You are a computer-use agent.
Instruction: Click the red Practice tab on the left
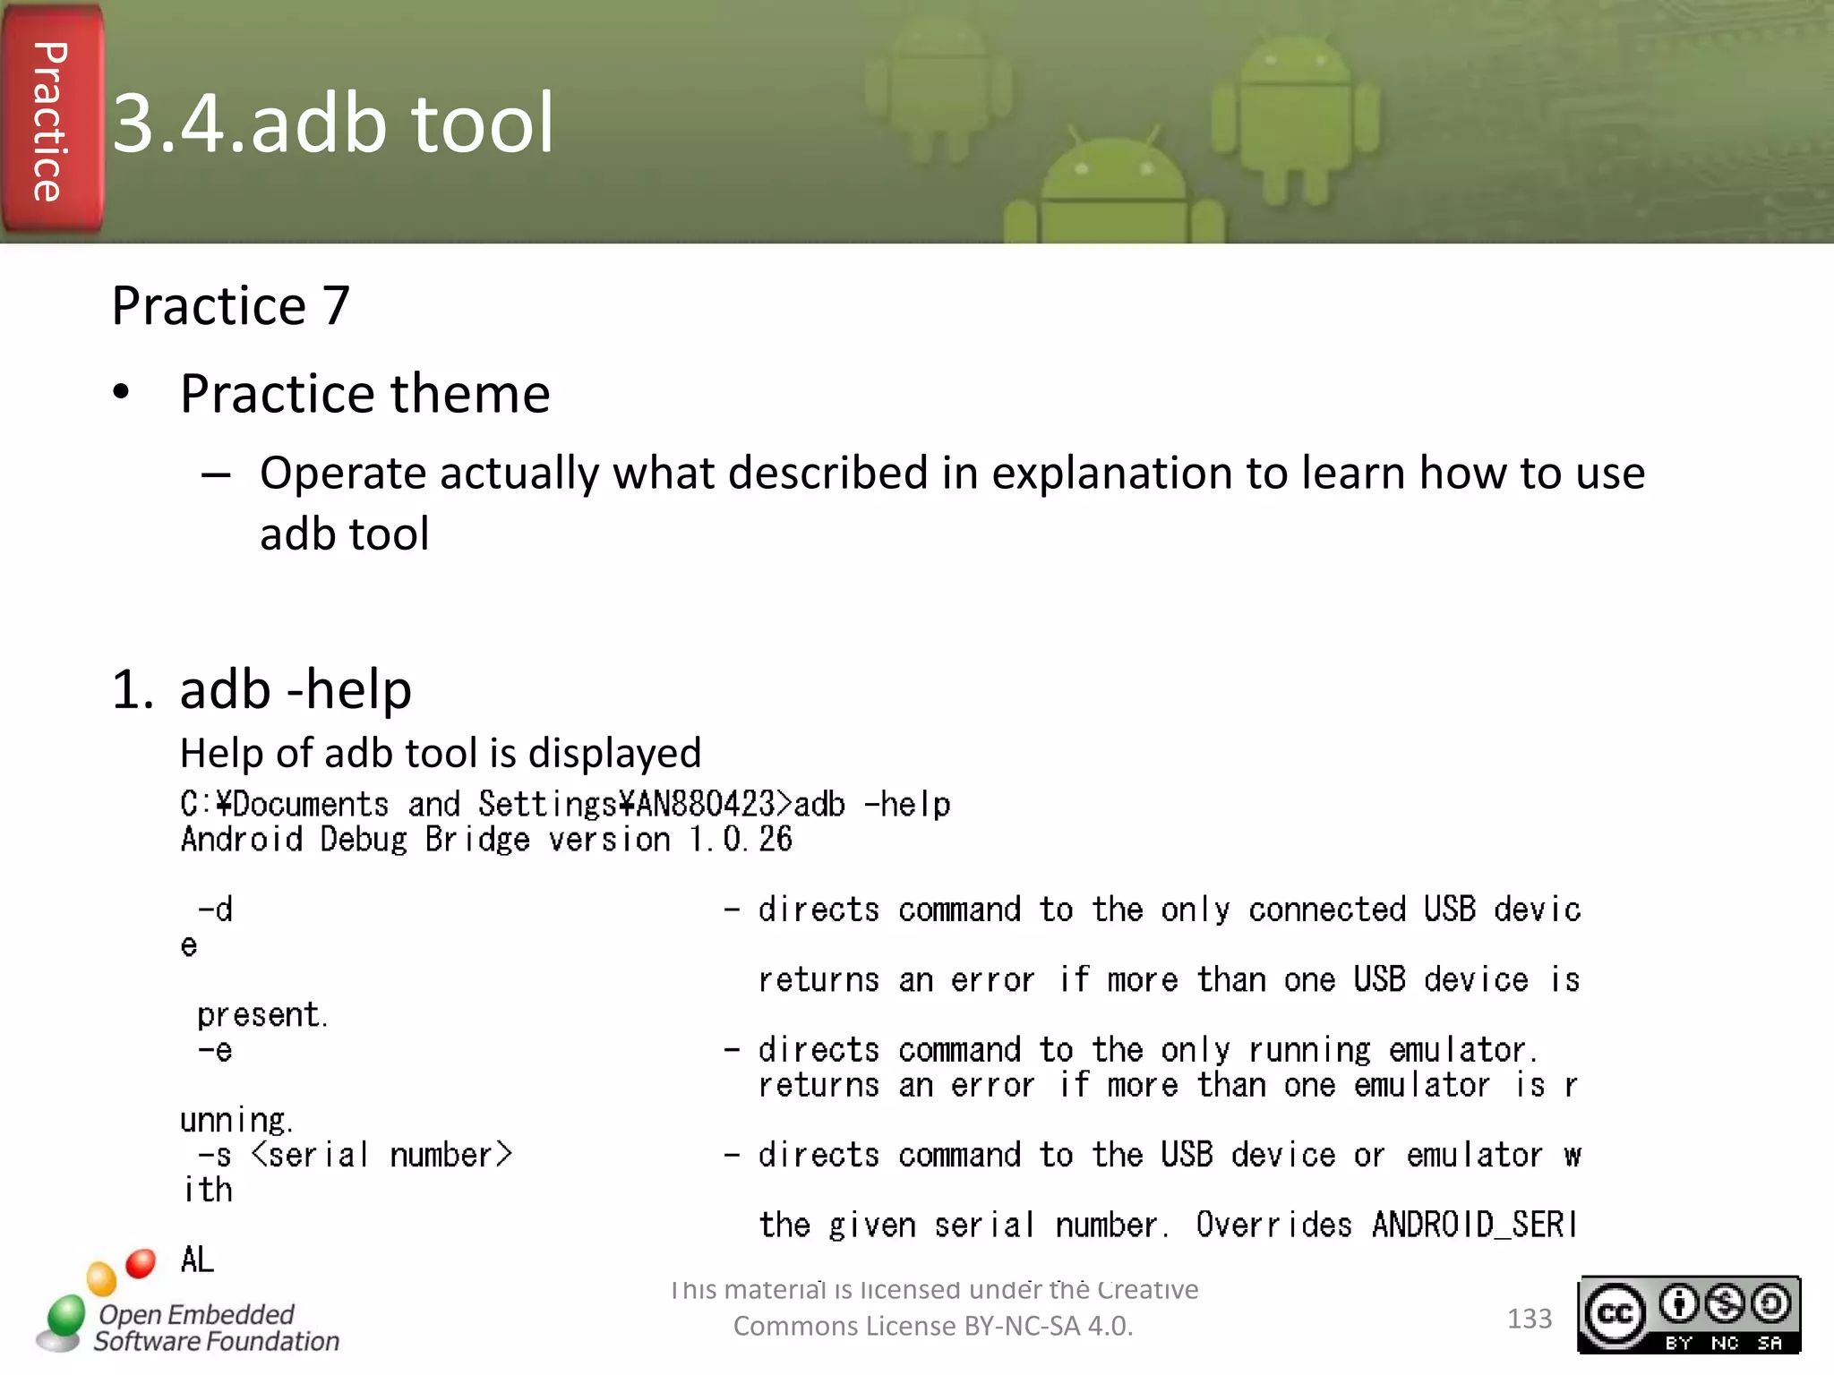[x=51, y=121]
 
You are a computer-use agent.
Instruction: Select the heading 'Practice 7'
[x=230, y=306]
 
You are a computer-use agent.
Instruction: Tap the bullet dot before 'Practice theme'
[x=122, y=393]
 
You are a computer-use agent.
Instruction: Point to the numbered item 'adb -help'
[x=296, y=689]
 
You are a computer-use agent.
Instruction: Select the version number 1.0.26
[x=740, y=840]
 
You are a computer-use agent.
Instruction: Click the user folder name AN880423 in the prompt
[x=705, y=804]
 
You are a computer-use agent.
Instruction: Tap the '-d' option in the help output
[x=216, y=910]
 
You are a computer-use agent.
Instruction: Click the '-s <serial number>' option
[x=355, y=1155]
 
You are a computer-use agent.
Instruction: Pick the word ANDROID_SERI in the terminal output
[x=1474, y=1225]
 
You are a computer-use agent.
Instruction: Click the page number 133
[x=1529, y=1319]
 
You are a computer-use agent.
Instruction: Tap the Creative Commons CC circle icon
[x=1615, y=1314]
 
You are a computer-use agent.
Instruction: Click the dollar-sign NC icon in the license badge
[x=1724, y=1304]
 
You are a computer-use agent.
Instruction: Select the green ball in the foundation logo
[x=65, y=1316]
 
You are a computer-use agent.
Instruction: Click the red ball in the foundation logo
[x=141, y=1263]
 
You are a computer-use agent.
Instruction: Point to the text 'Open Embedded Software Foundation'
[x=217, y=1328]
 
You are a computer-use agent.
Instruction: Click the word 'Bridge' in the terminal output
[x=477, y=840]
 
